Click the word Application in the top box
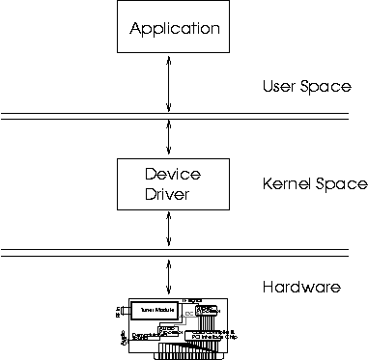[x=175, y=29]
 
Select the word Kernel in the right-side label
[x=287, y=183]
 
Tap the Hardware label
[x=303, y=287]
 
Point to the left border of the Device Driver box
[x=116, y=183]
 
